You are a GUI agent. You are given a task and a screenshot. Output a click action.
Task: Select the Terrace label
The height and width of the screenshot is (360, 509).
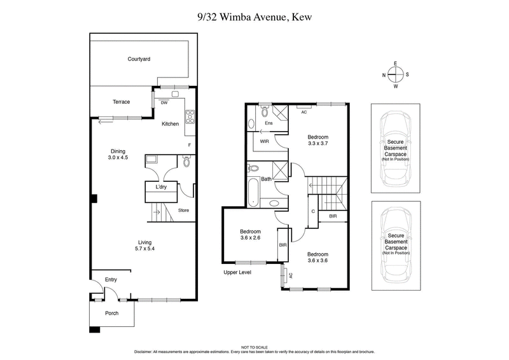coord(122,102)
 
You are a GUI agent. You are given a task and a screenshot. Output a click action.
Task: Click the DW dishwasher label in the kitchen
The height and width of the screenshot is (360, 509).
coord(164,102)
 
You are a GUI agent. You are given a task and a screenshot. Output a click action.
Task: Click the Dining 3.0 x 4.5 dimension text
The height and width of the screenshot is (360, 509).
coord(118,154)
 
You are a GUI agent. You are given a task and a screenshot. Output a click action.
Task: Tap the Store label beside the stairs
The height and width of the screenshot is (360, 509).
coord(183,211)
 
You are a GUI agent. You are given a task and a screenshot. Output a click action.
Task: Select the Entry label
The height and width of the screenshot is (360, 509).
coord(111,279)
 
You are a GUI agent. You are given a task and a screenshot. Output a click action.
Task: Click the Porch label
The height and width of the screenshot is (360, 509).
coord(111,313)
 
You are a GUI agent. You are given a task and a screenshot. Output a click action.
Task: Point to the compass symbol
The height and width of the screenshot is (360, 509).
coord(395,76)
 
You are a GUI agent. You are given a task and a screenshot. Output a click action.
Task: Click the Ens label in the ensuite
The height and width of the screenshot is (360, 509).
coord(268,123)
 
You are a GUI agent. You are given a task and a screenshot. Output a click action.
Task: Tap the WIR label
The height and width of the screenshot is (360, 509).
coord(264,142)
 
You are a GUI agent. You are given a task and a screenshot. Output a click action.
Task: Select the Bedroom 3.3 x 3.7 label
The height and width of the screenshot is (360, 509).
coord(318,141)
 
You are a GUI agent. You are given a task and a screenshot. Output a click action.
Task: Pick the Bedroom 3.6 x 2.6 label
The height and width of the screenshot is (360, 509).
coord(250,235)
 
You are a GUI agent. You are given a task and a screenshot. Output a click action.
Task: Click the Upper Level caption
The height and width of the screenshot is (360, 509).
coord(238,272)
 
